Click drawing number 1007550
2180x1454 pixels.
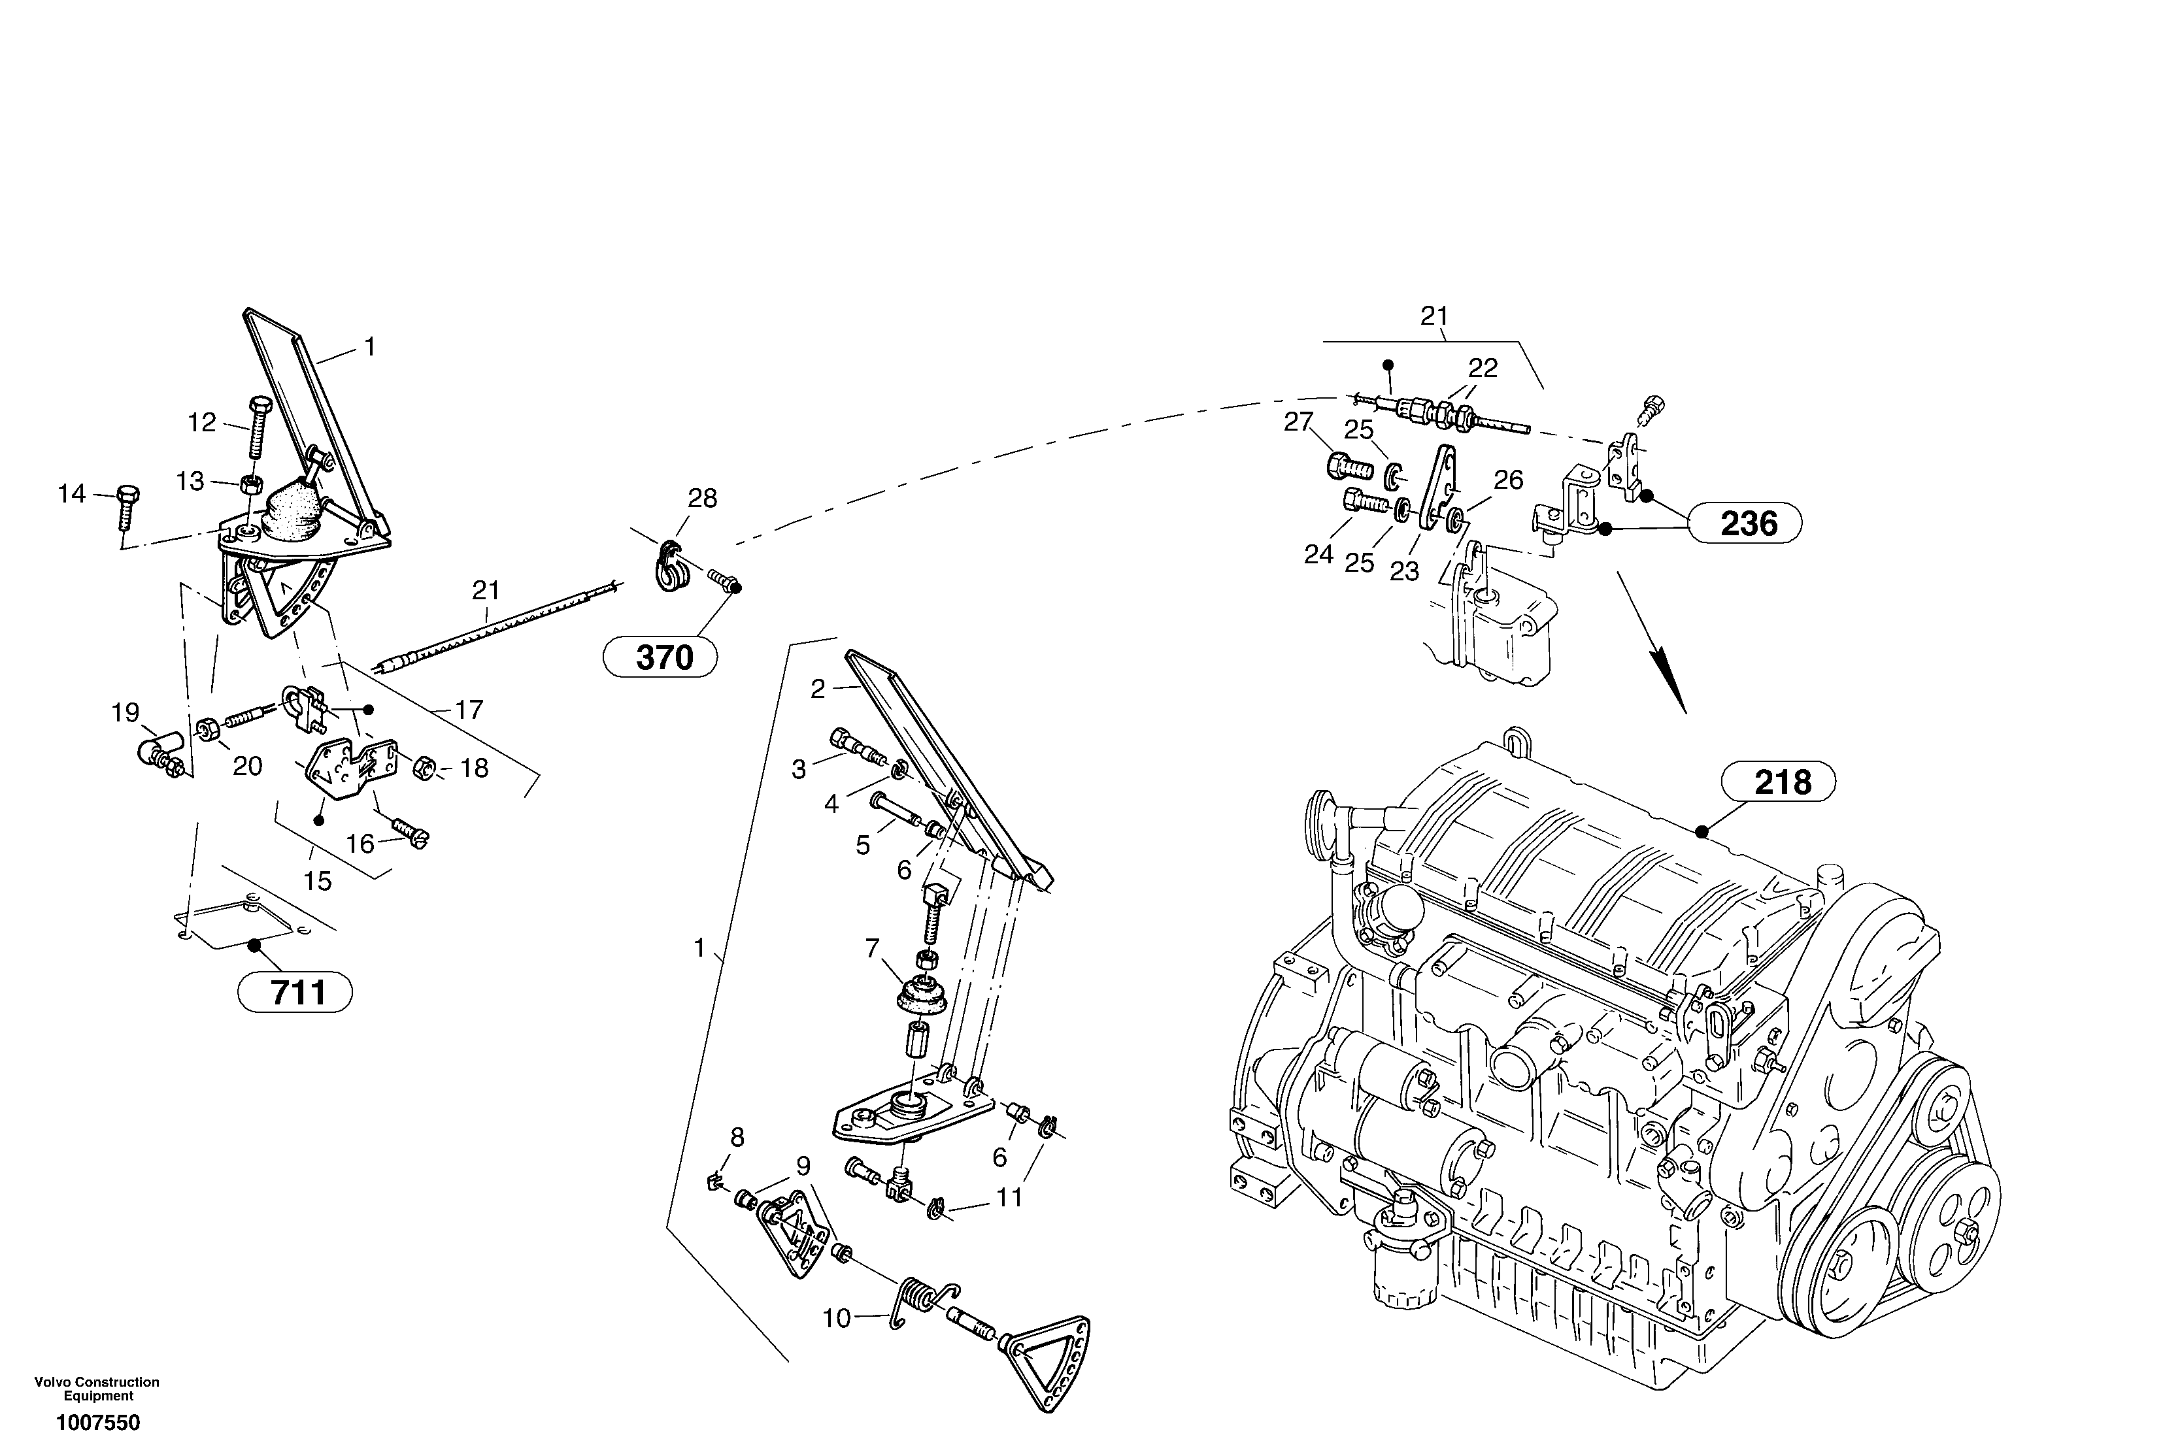point(97,1423)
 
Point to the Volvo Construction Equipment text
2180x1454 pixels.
point(97,1388)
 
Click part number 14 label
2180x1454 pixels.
point(71,493)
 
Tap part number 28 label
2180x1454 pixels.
point(702,499)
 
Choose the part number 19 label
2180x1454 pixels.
point(126,712)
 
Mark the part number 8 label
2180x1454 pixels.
point(737,1137)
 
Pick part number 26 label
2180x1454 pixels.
point(1509,480)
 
